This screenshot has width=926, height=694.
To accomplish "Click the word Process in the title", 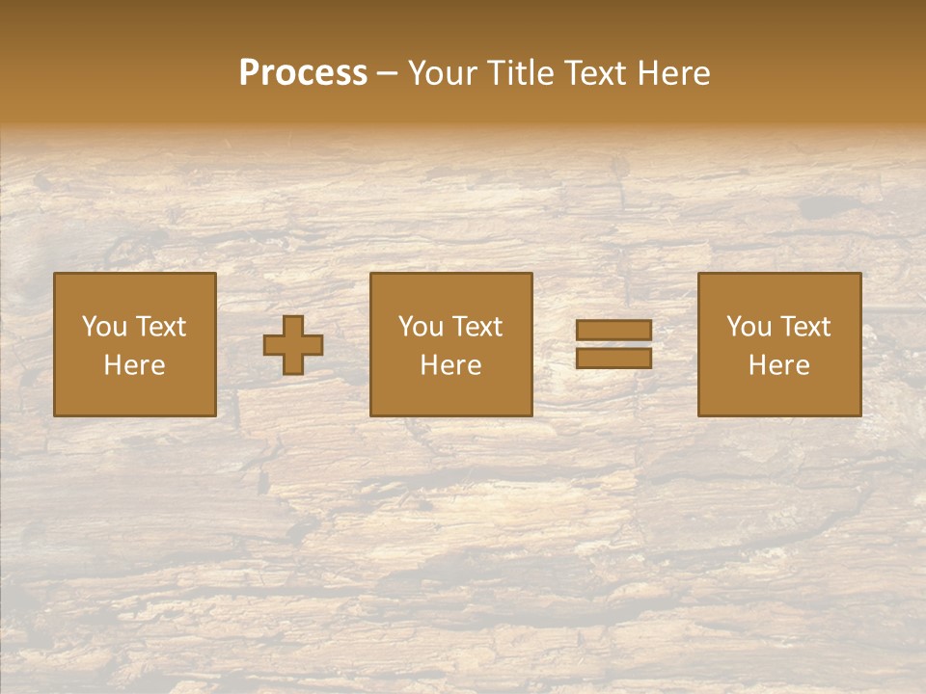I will (303, 73).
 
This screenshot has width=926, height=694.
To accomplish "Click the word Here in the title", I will (674, 73).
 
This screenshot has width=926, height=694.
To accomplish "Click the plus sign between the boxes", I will (293, 345).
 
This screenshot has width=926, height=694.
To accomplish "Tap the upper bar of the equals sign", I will (613, 331).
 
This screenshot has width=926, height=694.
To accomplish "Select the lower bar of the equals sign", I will (613, 359).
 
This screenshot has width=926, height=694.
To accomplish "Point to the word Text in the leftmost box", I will (160, 327).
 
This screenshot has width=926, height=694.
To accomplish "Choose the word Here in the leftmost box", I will (134, 365).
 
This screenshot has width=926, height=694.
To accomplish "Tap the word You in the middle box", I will (421, 327).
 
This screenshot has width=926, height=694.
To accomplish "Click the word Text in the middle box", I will (477, 327).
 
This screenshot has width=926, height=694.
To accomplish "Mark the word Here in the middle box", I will (450, 365).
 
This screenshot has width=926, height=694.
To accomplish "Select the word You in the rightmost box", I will (749, 327).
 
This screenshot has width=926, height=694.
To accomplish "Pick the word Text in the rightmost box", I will (804, 327).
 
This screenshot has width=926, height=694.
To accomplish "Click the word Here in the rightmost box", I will (778, 365).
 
